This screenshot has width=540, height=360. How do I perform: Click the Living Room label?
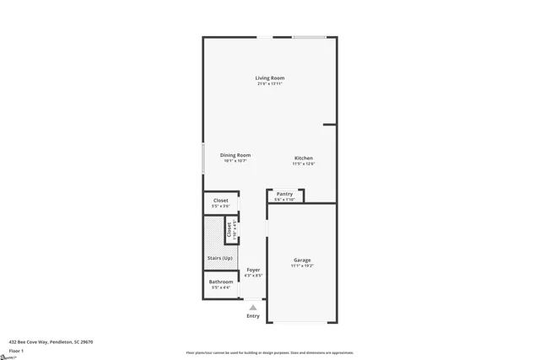(270, 78)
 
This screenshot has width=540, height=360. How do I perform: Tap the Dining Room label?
(235, 155)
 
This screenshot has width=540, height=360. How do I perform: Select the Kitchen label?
(304, 159)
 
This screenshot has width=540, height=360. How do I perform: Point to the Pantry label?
(284, 194)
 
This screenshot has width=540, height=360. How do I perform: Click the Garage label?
(302, 260)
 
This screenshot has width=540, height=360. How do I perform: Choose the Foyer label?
(253, 270)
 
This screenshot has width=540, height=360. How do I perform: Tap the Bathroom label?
(221, 282)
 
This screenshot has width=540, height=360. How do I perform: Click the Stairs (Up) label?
(220, 258)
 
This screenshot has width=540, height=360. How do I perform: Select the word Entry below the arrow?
(253, 316)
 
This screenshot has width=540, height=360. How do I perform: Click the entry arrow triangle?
(253, 307)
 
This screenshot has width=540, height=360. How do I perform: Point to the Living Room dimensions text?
(270, 83)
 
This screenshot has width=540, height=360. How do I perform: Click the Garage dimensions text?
(302, 266)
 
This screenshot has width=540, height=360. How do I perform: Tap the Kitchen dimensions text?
(304, 164)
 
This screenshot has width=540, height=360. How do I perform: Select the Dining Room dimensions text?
(235, 160)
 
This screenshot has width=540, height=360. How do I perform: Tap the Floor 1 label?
(16, 350)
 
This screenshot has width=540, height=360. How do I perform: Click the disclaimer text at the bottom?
(270, 352)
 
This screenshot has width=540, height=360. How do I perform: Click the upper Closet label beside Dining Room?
(220, 201)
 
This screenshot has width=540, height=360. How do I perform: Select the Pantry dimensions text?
(284, 200)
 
